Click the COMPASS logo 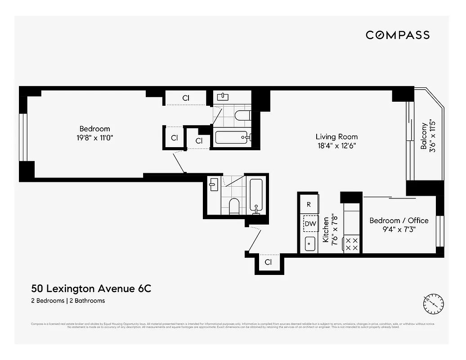tap(397, 35)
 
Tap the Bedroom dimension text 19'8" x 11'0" tap(94, 138)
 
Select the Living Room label tap(336, 137)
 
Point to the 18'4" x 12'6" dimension tap(336, 146)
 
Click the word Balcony tap(424, 136)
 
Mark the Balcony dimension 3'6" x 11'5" tap(433, 136)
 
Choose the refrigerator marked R tap(309, 204)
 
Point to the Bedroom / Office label tap(399, 220)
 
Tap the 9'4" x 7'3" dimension tap(399, 229)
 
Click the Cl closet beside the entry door tap(268, 262)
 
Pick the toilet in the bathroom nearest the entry tap(234, 206)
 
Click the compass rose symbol tap(434, 304)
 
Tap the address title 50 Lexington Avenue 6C tap(91, 288)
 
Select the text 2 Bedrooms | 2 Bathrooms tap(68, 301)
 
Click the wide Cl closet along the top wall tap(185, 98)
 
